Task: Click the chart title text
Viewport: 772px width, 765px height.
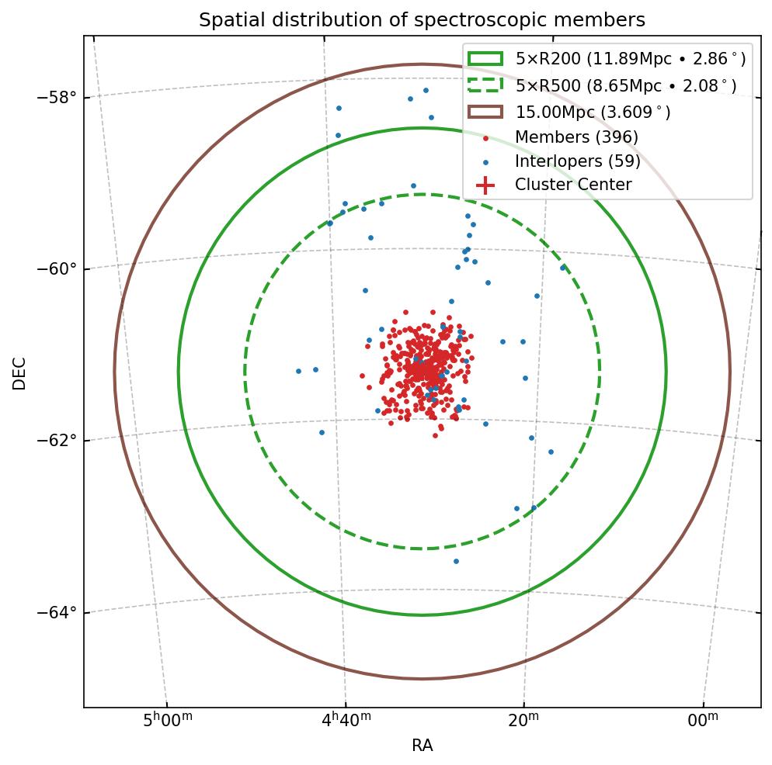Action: click(x=422, y=20)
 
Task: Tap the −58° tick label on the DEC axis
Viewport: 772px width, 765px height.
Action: click(x=57, y=97)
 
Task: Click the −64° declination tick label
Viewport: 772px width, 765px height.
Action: click(x=57, y=612)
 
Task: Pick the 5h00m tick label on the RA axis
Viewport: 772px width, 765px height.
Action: click(x=168, y=722)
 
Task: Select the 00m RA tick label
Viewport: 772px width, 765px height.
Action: click(x=703, y=722)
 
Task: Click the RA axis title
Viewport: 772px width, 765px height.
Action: click(x=422, y=746)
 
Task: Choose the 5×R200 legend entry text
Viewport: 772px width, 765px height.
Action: click(x=630, y=59)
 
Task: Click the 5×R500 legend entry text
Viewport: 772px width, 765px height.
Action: click(x=625, y=86)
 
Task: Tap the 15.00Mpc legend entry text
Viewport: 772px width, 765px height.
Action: click(x=593, y=112)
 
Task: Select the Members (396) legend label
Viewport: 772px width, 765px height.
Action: click(x=576, y=137)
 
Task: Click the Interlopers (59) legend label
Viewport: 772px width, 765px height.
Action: click(x=577, y=161)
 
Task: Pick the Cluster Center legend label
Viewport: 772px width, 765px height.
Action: click(x=573, y=185)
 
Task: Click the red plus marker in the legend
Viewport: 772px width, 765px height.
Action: click(x=485, y=185)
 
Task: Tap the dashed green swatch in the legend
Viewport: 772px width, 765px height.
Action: click(x=485, y=85)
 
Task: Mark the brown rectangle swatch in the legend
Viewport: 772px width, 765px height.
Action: click(x=485, y=112)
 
